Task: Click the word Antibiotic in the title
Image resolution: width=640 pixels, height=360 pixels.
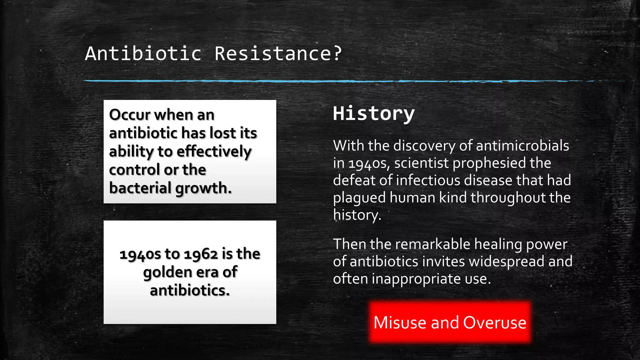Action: pyautogui.click(x=143, y=53)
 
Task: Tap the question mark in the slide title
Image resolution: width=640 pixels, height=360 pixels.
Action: pyautogui.click(x=337, y=53)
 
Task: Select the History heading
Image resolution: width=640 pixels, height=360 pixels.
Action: pyautogui.click(x=374, y=113)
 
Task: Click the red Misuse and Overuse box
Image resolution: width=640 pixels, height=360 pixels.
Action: pyautogui.click(x=450, y=322)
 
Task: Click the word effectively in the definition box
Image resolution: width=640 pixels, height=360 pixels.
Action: pyautogui.click(x=214, y=152)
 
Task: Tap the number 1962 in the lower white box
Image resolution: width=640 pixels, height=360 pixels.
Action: pyautogui.click(x=201, y=254)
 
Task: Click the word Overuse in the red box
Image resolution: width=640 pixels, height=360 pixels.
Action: pyautogui.click(x=495, y=322)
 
